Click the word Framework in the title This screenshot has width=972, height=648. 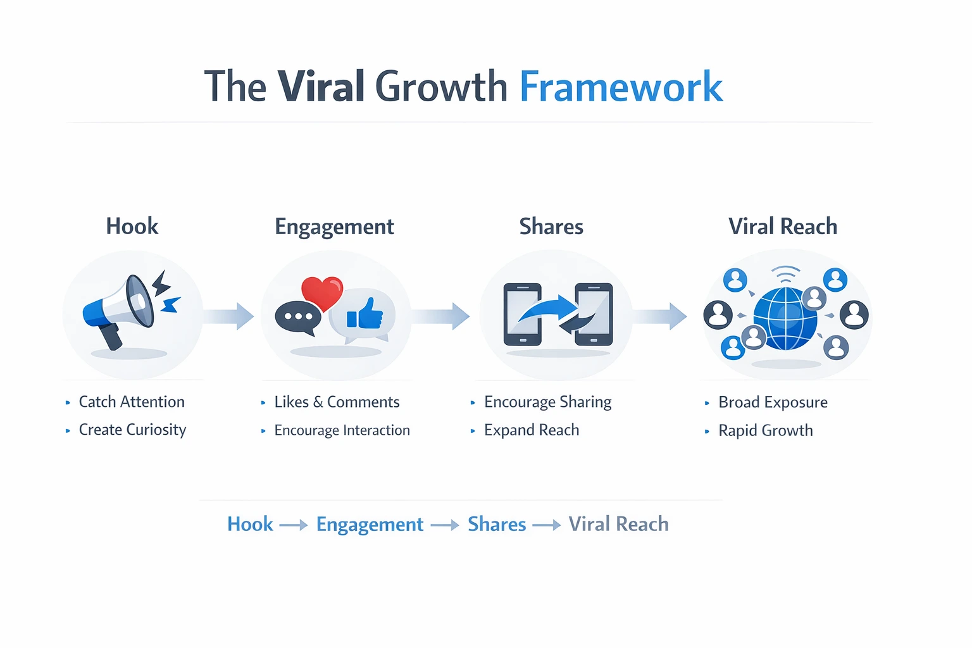click(620, 87)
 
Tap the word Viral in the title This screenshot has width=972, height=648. click(321, 87)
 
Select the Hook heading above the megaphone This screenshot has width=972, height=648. click(132, 227)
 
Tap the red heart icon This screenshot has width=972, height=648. click(322, 292)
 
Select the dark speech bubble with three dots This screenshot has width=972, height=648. click(297, 317)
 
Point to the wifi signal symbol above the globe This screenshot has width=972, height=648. click(785, 275)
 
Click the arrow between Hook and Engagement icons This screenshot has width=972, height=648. click(230, 316)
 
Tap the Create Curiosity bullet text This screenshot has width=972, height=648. click(132, 430)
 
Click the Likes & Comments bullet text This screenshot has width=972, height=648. click(337, 402)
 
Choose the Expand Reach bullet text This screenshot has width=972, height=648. click(531, 430)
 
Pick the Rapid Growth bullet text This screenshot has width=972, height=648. click(765, 431)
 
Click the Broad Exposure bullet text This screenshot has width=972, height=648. click(773, 402)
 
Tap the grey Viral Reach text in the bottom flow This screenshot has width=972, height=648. click(618, 525)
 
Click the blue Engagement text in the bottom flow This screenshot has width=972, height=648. click(370, 525)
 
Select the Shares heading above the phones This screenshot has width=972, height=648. click(551, 227)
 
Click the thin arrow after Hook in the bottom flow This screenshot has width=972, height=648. click(294, 525)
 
